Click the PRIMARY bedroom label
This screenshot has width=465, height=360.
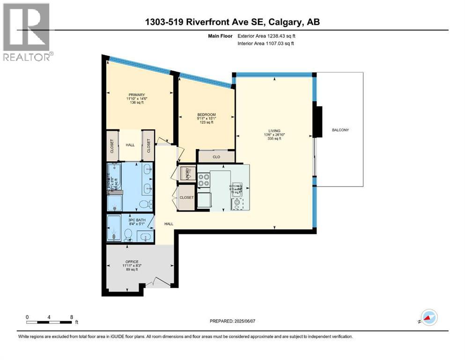coord(137,94)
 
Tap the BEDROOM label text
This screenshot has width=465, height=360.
coord(207,115)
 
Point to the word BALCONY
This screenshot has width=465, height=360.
coord(340,130)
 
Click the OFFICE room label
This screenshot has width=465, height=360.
coord(132,262)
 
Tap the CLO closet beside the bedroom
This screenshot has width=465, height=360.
coord(216,157)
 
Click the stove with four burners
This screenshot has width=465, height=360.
coord(205,180)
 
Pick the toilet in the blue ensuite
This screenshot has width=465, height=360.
coord(150,204)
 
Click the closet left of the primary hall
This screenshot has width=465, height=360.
coord(112,145)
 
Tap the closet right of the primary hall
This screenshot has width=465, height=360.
coord(149,145)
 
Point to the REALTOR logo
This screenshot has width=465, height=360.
coord(27,33)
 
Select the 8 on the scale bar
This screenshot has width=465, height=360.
coord(71,317)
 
